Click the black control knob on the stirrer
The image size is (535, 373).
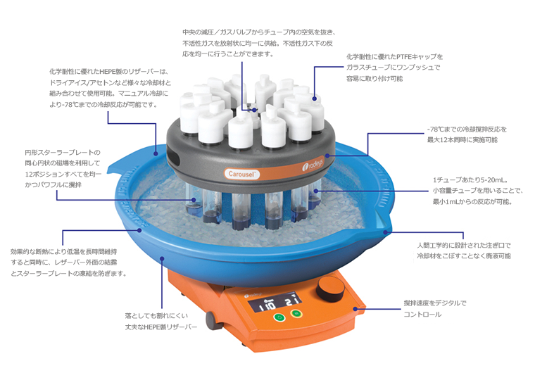[330, 289]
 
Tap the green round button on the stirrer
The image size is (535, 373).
[280, 317]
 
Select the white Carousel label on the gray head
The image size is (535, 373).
[242, 174]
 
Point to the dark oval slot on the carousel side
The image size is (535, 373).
[174, 158]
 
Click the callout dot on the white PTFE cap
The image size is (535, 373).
[314, 99]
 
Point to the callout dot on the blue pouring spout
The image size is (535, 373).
[386, 232]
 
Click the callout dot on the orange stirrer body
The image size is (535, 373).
[355, 309]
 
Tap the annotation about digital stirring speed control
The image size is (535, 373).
[435, 308]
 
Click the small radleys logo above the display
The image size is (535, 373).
[253, 294]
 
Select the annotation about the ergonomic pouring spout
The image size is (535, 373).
[464, 251]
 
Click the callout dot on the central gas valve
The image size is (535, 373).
[255, 110]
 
